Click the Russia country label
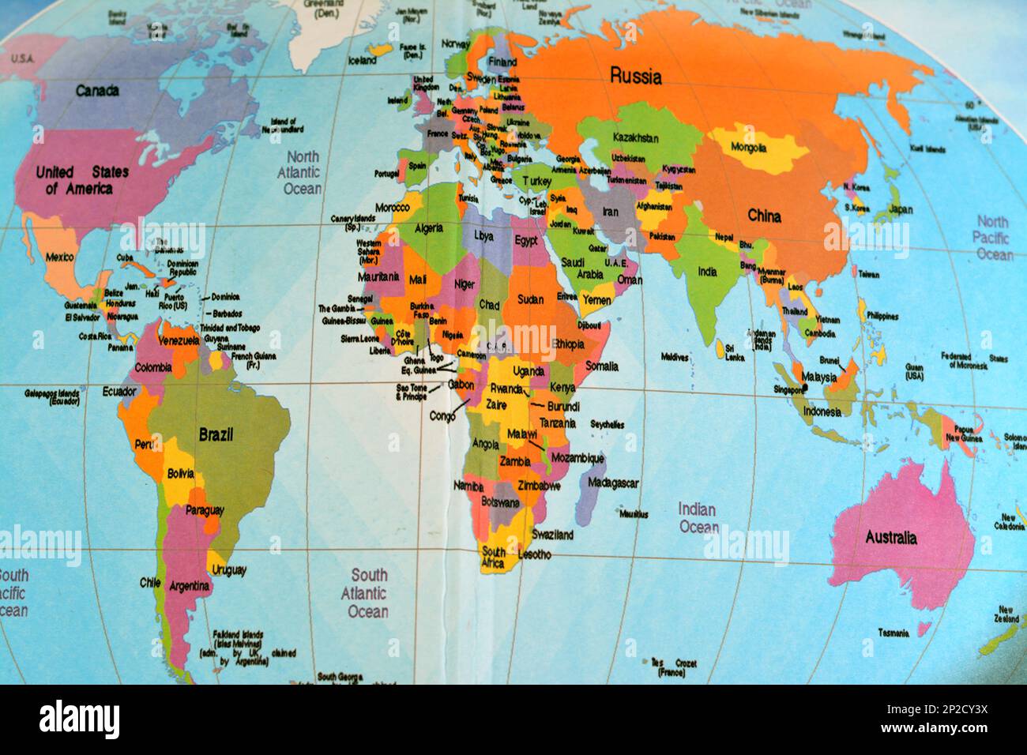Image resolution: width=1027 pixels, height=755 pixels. click(x=635, y=77)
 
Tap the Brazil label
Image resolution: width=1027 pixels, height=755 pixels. click(x=216, y=434)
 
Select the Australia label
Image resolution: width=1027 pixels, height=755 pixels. click(x=891, y=538)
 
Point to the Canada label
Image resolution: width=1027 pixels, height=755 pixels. click(x=97, y=91)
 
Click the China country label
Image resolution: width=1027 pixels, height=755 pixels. click(x=764, y=216)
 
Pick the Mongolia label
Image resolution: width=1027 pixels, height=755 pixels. click(x=748, y=148)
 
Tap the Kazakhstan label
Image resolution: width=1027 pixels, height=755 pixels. click(x=634, y=137)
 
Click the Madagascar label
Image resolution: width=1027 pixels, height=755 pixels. click(x=614, y=483)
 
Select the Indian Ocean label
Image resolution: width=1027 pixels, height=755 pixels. click(x=698, y=518)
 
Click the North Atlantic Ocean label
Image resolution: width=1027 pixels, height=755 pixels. click(x=303, y=172)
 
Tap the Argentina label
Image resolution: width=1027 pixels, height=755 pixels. click(x=190, y=586)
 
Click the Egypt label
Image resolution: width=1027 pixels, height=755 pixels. click(x=526, y=240)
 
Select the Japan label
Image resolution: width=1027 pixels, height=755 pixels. click(x=900, y=209)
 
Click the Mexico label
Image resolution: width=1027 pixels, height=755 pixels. click(x=59, y=257)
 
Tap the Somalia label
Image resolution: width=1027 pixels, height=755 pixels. click(x=601, y=366)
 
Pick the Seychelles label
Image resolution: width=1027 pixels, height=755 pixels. click(x=607, y=424)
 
